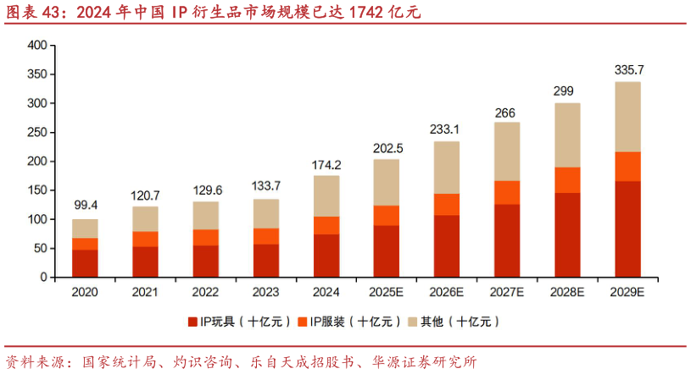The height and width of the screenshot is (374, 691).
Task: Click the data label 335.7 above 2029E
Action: point(628,69)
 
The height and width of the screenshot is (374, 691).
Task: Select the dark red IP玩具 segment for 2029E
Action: point(628,229)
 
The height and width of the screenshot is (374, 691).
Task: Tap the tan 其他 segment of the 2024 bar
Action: point(326,195)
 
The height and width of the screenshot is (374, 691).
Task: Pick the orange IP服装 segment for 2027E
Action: point(507,192)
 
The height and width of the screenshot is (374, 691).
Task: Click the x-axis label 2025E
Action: point(387,292)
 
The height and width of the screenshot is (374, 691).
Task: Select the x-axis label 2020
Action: point(85,292)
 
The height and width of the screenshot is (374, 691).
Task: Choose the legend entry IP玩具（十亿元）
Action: point(240,322)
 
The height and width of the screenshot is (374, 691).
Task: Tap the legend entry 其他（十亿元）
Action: point(453,322)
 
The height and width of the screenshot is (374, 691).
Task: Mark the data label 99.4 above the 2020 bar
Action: point(85,206)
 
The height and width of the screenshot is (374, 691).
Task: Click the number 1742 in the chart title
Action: point(354,12)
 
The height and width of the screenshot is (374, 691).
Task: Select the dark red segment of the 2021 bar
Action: point(145,261)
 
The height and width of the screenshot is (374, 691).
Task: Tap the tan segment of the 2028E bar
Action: point(567,135)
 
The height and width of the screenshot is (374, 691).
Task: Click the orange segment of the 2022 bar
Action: point(205,237)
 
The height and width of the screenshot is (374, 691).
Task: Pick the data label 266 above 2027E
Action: point(507,112)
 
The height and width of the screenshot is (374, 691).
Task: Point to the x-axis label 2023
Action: point(266,292)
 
